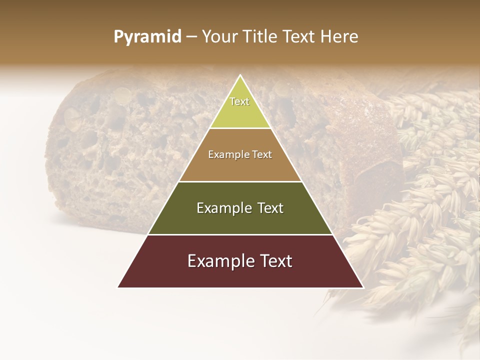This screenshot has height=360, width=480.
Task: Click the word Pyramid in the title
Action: point(147,37)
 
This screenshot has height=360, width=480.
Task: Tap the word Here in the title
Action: point(340,37)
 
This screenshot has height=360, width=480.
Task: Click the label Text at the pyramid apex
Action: point(239,101)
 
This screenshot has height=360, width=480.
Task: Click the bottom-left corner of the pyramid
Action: point(118,287)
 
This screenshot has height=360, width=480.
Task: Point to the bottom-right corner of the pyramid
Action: point(363,287)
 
